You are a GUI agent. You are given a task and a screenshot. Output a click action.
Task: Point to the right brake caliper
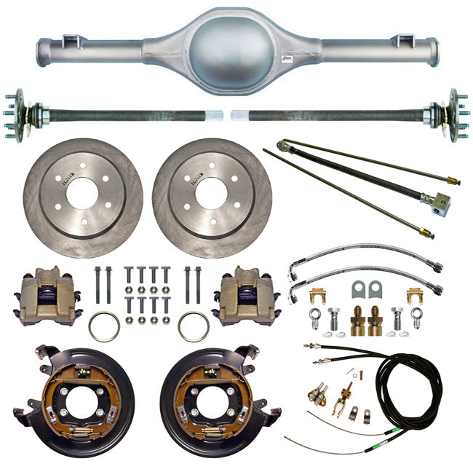(x=246, y=295)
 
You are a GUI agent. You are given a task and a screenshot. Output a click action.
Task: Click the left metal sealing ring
(x=104, y=326)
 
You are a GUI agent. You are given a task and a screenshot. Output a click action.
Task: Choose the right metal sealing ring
(x=193, y=326)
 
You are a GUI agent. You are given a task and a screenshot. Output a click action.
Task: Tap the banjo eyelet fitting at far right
(x=416, y=317)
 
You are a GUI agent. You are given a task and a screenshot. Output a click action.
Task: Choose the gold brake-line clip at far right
(x=415, y=295)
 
